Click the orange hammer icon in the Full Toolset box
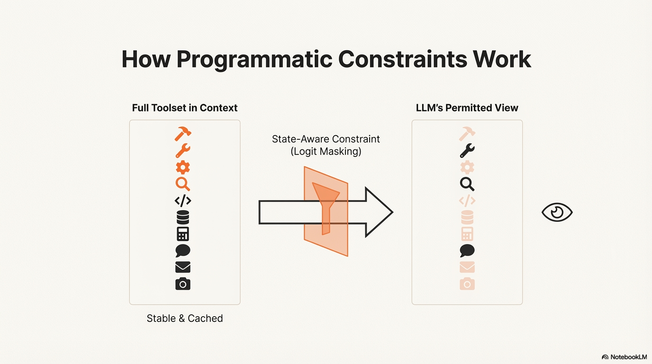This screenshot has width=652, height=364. tap(182, 134)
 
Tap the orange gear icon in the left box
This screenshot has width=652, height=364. tap(182, 167)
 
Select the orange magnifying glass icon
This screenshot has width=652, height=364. tap(182, 184)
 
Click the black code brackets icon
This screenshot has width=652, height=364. tap(182, 200)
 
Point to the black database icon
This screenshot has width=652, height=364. tap(182, 217)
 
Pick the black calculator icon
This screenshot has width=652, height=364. tap(182, 234)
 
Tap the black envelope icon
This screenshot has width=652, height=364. tap(182, 267)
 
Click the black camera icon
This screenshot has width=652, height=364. tap(182, 284)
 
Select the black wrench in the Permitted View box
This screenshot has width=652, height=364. tap(467, 151)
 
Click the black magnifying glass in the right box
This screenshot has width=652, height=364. tap(467, 184)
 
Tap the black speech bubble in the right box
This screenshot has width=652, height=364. tap(467, 251)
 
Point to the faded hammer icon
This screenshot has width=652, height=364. tap(467, 134)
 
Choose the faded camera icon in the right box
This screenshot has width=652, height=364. tap(467, 284)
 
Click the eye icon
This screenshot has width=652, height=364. tap(557, 212)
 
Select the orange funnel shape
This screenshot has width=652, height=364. tap(326, 204)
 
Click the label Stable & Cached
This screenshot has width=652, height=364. tap(185, 318)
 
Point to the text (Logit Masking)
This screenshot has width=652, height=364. tap(326, 152)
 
